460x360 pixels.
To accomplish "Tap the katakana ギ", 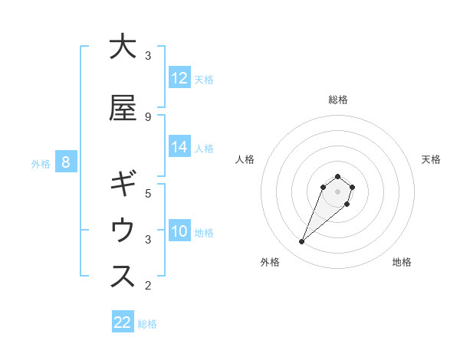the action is [x=123, y=185].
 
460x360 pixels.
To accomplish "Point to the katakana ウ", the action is [x=123, y=231].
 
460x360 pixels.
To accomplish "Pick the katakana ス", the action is [x=123, y=277].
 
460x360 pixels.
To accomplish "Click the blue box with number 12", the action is [x=179, y=77].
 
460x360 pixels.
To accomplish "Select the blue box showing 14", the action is [x=179, y=147].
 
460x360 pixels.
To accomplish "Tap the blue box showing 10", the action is [x=179, y=231].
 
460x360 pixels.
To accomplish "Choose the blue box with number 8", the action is [x=66, y=162].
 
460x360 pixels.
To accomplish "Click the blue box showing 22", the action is [x=123, y=322].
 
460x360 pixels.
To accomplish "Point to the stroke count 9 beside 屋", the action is [x=148, y=117].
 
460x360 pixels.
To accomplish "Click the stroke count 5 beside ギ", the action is [x=148, y=194].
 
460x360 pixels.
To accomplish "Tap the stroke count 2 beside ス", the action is [x=148, y=286].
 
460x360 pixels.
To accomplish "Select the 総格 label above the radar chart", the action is [x=337, y=100].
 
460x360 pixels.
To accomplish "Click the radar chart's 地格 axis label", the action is [x=402, y=262].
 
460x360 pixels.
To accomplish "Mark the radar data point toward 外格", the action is [x=302, y=242].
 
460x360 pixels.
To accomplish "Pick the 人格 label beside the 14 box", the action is [x=204, y=148].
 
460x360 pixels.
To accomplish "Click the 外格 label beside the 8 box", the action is [x=41, y=163].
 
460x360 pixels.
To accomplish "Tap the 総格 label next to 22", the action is [x=147, y=323].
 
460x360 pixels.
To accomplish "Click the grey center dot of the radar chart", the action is [x=337, y=191].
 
